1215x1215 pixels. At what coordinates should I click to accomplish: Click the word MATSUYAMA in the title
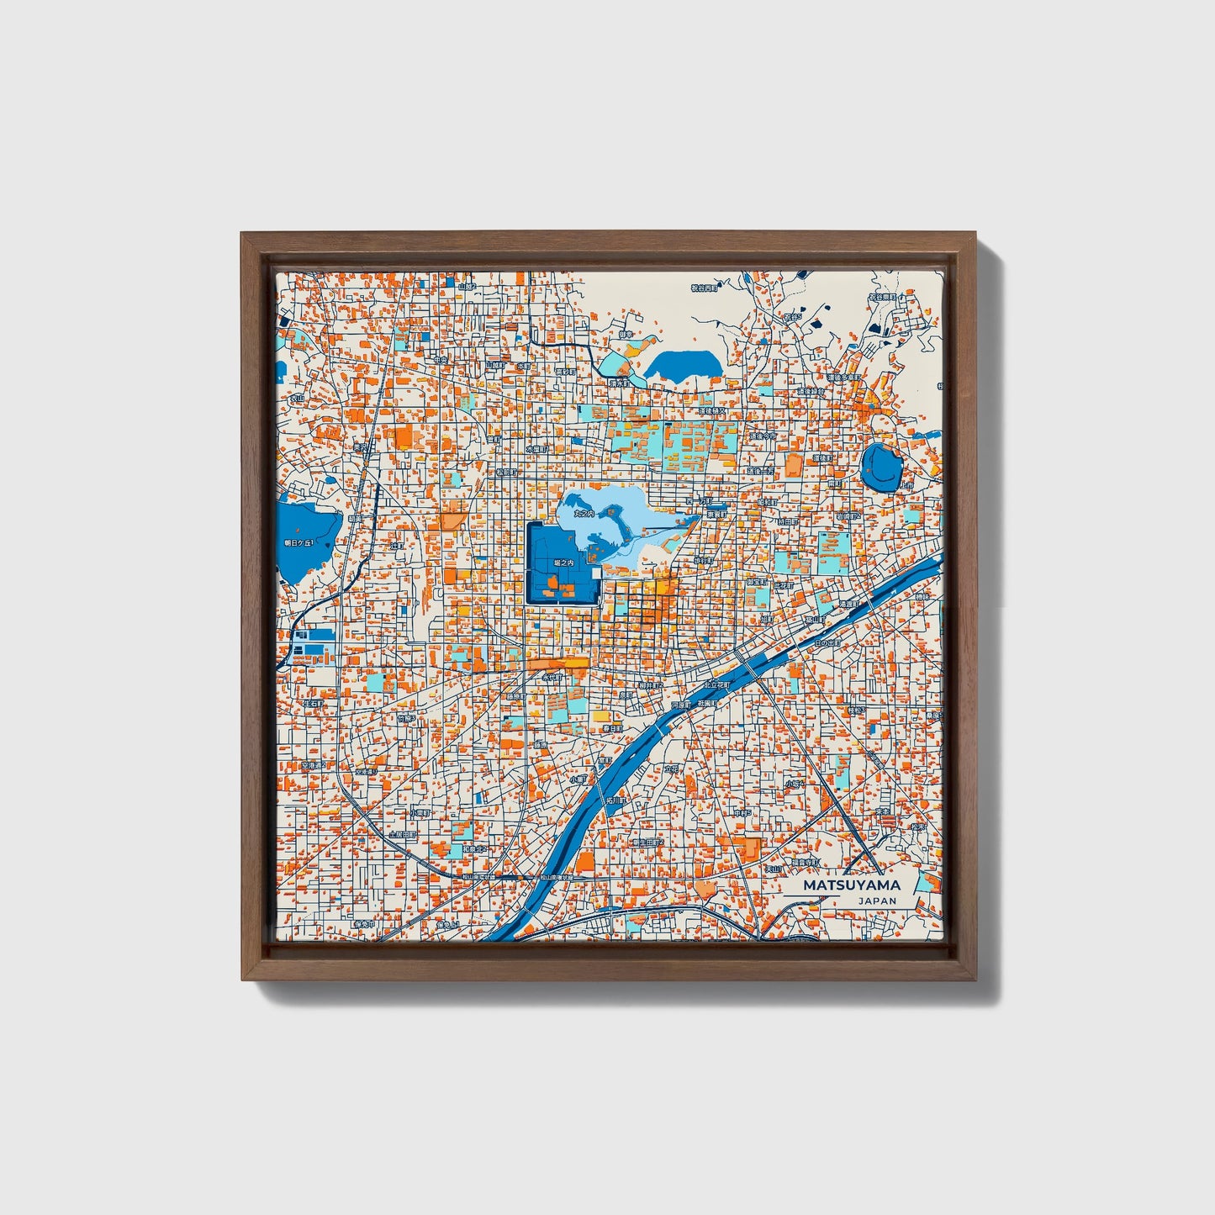click(x=851, y=885)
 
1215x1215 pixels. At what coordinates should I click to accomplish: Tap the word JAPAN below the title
click(x=877, y=901)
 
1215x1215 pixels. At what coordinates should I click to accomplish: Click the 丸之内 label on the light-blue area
click(x=584, y=512)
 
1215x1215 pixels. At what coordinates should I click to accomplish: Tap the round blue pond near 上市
click(x=880, y=468)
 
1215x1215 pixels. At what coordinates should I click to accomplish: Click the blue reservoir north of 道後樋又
click(x=682, y=366)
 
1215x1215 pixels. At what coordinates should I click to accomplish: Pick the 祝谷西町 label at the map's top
click(x=705, y=288)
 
